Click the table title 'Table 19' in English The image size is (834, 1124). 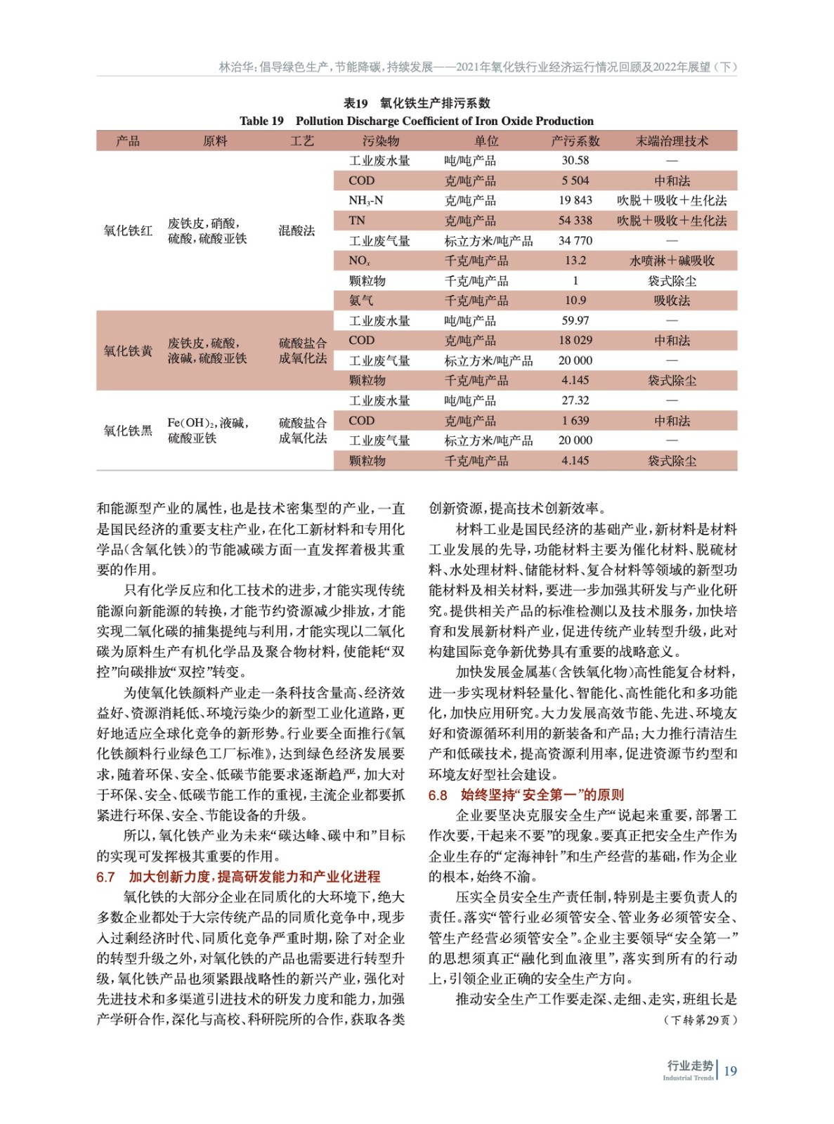pos(261,121)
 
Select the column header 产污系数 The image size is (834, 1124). pos(575,141)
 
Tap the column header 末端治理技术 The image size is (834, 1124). pos(672,141)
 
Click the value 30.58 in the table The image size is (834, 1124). pos(575,161)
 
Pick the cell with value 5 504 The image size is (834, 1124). pos(575,181)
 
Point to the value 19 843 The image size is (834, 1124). pos(575,200)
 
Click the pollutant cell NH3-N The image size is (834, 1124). pos(365,201)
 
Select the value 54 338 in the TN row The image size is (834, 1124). pos(575,221)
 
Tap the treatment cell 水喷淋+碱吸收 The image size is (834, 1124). pos(672,261)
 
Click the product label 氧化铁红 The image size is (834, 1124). pos(128,230)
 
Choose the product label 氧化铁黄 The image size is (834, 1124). pos(128,351)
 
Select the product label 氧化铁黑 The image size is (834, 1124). pos(128,431)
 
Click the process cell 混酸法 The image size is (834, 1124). pos(297,230)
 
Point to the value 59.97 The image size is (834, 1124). pos(575,320)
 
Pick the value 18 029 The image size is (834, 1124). pos(575,340)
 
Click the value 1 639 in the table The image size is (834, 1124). pos(575,421)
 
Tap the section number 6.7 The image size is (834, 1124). pos(105,877)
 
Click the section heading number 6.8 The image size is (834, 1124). pos(438,795)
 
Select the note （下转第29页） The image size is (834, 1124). pos(700,1020)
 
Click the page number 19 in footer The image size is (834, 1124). pos(730,1071)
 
